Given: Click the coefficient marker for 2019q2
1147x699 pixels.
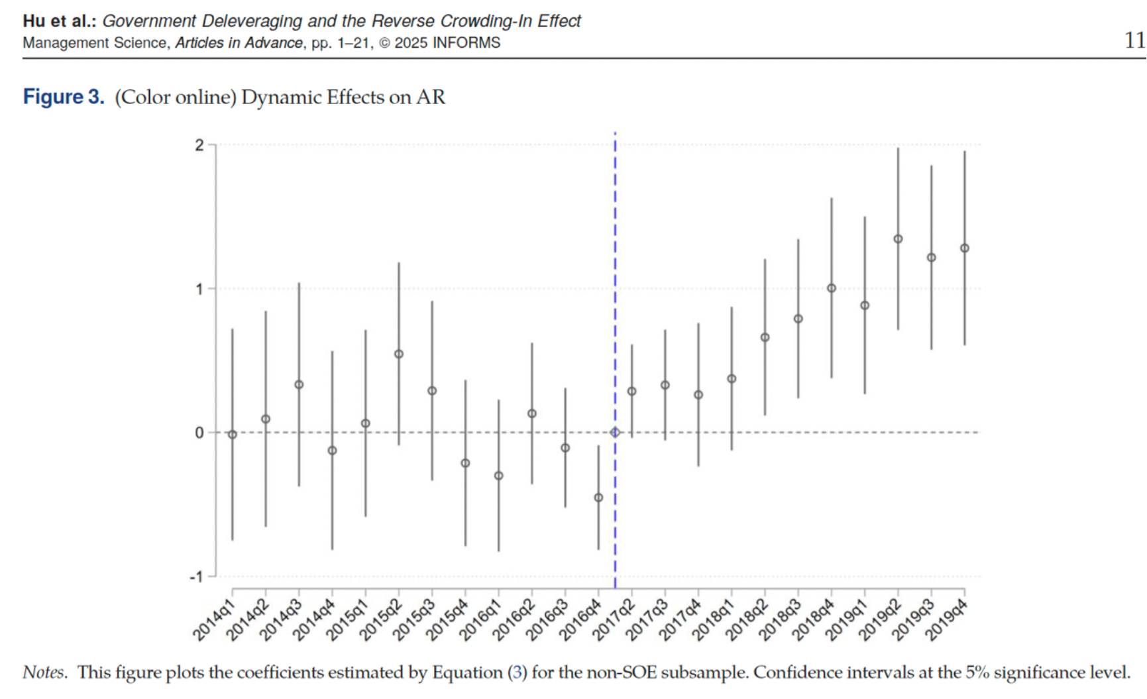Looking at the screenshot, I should tap(898, 239).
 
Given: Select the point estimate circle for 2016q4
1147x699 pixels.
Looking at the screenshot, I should tap(598, 498).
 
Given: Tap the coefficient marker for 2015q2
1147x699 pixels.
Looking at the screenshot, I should tap(399, 354).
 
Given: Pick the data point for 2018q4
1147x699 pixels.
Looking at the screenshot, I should tap(832, 288).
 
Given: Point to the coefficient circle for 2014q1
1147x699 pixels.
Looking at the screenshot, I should tap(233, 435).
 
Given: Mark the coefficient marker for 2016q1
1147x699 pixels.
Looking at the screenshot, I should tap(499, 476).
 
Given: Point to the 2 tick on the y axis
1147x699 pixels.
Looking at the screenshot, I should tap(199, 145).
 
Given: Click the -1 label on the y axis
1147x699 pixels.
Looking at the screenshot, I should tap(196, 577).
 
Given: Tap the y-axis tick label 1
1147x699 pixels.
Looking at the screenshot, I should tap(199, 289).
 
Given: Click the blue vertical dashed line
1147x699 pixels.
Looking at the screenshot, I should tap(615, 265).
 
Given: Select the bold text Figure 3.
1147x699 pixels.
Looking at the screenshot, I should tap(64, 97).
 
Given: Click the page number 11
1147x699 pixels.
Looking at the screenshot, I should tap(1134, 40).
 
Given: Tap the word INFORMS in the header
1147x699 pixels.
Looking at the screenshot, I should tap(466, 43).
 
